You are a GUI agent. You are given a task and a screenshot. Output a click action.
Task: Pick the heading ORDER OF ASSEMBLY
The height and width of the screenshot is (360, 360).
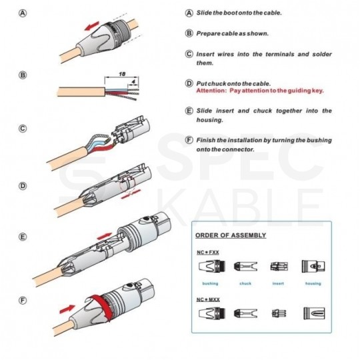(231, 235)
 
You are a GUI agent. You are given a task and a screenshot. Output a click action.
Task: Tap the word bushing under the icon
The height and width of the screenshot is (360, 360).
(210, 283)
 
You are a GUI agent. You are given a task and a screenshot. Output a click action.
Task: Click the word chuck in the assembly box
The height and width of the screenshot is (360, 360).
(245, 283)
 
